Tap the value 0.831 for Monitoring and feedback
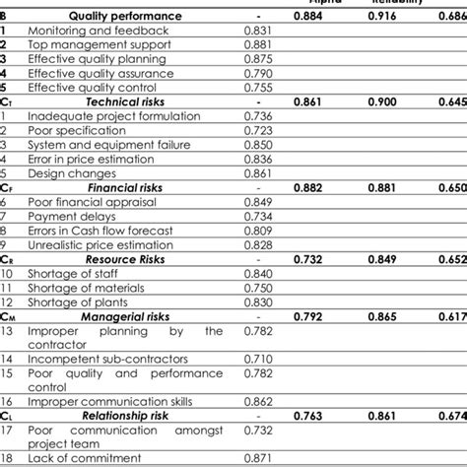256,31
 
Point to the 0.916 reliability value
388,17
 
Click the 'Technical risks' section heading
125,101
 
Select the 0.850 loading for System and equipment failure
256,145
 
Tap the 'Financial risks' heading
126,187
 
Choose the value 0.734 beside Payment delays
256,216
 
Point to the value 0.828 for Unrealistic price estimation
256,244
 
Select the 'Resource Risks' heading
125,258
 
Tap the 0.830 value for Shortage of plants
256,301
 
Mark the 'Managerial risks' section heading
125,316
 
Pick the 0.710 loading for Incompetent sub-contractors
256,359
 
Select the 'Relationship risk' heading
125,416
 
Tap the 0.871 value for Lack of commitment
256,459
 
